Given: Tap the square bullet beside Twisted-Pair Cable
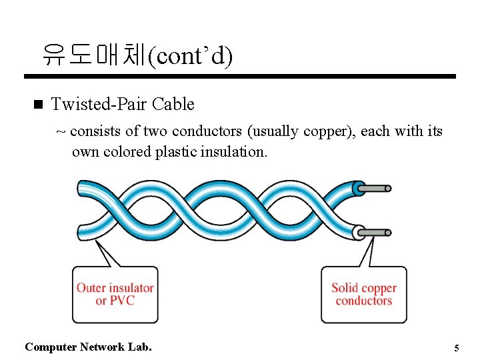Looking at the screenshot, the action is [37, 104].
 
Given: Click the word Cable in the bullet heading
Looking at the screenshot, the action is [173, 104].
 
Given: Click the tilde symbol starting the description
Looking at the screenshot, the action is [61, 131].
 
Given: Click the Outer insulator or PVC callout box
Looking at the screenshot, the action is [115, 295].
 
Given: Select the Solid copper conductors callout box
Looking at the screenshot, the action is [363, 295].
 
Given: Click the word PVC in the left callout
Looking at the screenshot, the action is [122, 301].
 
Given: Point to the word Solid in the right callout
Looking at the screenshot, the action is [345, 288].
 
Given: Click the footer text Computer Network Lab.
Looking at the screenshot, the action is [88, 347].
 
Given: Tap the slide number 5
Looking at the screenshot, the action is [457, 348].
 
